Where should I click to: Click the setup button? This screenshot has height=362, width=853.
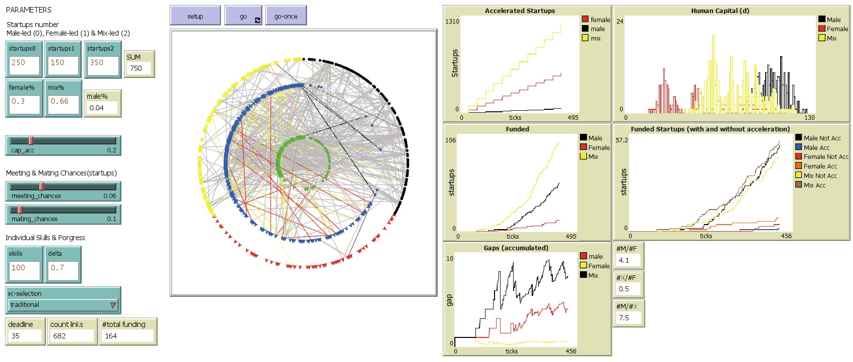click(195, 16)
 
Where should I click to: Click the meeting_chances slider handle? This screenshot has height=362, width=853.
click(42, 187)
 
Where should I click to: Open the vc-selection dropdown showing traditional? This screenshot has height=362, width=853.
click(63, 305)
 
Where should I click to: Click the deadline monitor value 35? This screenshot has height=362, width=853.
click(25, 336)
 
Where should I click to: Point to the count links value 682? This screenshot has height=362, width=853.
click(72, 336)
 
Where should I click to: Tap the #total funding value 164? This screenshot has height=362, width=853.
click(128, 336)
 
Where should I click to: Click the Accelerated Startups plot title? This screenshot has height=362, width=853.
click(520, 11)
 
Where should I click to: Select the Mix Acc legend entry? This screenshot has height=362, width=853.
click(814, 185)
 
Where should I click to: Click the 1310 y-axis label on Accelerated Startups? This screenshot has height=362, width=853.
click(452, 21)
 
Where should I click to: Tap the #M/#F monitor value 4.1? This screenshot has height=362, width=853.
click(628, 260)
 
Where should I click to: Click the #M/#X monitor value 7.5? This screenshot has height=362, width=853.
click(628, 318)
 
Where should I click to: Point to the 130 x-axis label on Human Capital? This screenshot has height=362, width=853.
click(809, 117)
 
